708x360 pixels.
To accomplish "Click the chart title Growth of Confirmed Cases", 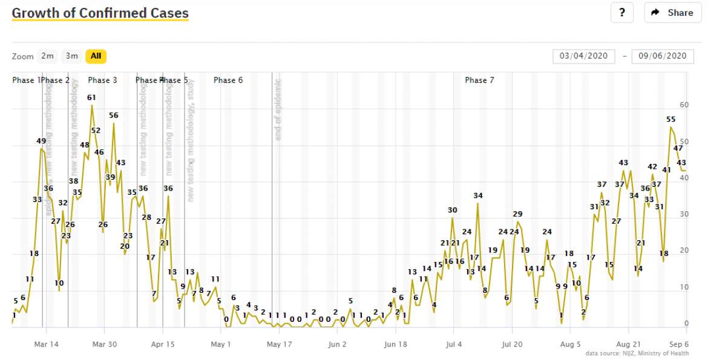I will (x=100, y=13).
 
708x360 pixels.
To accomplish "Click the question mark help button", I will (x=621, y=13).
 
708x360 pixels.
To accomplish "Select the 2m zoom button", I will (x=47, y=56).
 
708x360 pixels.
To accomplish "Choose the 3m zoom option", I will (x=72, y=56).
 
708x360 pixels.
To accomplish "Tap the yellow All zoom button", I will (x=96, y=56).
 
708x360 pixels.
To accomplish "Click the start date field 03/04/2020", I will (x=583, y=56).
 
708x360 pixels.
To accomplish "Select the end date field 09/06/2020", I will (x=663, y=56).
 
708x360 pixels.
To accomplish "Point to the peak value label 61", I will (x=91, y=97).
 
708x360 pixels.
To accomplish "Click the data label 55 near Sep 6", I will (x=670, y=119).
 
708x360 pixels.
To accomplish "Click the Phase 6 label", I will (x=228, y=80).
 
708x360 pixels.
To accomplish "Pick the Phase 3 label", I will (x=102, y=80).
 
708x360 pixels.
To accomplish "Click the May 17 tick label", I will (x=279, y=345).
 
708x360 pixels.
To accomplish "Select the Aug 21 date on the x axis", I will (x=629, y=345).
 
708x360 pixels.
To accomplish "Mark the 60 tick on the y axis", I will (x=684, y=105).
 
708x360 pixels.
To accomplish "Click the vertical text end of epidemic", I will (x=278, y=110).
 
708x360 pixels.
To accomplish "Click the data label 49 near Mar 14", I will (x=41, y=141).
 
